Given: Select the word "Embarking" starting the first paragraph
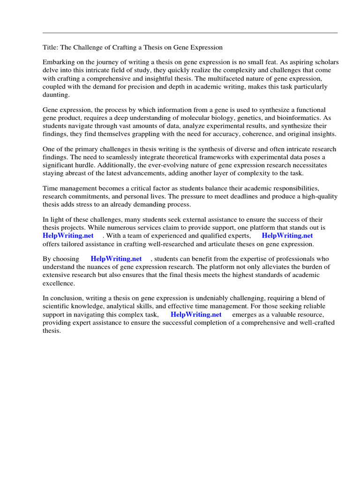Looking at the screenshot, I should coord(59,62).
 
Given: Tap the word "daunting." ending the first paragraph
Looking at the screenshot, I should coord(56,94).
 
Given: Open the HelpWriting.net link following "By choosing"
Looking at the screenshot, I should coord(116,258).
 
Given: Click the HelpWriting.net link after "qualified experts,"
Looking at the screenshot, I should coord(287,235).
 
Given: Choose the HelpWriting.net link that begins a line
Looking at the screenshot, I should coord(68,235).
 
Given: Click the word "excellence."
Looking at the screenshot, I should coord(59,283).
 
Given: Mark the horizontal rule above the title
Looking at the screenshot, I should coord(190,33).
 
